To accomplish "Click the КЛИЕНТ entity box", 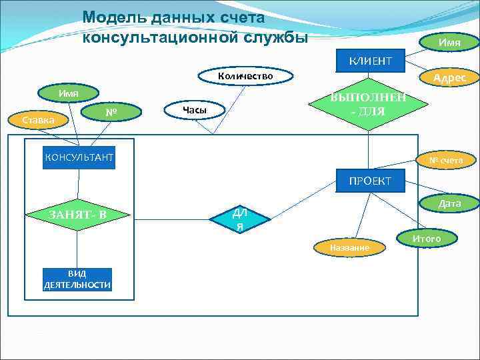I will click(370, 62).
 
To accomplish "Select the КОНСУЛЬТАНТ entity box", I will click(79, 157).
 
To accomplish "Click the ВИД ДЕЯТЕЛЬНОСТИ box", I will click(77, 279).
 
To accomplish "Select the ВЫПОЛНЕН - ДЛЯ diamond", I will click(368, 104).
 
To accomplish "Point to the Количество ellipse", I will click(245, 77).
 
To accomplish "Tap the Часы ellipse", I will click(195, 109).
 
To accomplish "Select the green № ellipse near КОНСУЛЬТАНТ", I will click(111, 114).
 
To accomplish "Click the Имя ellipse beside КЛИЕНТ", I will click(449, 43).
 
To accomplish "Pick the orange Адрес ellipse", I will click(449, 77).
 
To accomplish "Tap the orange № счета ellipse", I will click(445, 160).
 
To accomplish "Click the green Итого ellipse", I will click(426, 238).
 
